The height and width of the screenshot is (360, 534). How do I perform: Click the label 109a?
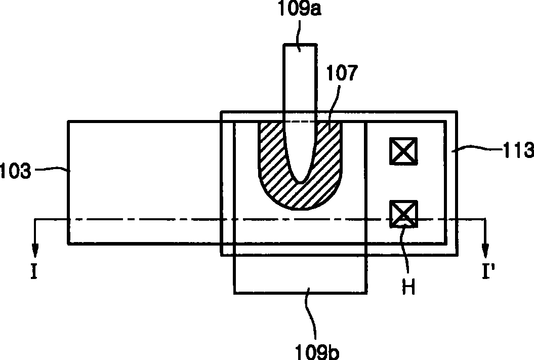[300, 9]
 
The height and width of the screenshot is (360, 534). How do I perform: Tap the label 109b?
[317, 351]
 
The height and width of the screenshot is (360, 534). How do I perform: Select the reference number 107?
[342, 73]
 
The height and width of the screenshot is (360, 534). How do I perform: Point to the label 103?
[15, 171]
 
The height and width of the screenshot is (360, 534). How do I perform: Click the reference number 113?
[518, 150]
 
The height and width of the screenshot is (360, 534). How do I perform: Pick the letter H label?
[408, 287]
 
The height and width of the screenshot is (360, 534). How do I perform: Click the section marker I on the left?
[34, 271]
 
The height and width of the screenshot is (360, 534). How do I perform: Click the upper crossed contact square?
[403, 151]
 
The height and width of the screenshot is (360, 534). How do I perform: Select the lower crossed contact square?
[403, 214]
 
